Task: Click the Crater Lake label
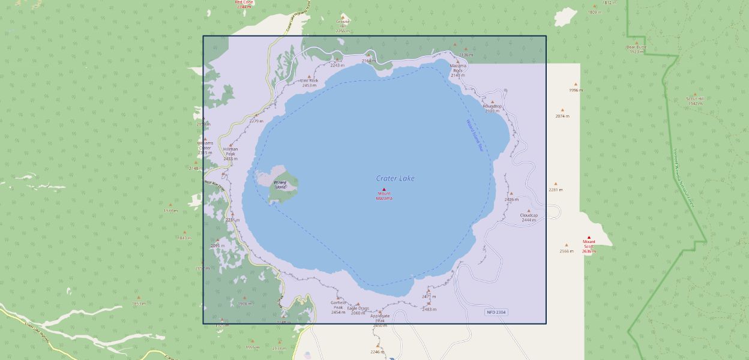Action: tap(395, 178)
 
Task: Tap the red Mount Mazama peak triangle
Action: tap(384, 190)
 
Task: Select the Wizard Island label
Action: tap(280, 185)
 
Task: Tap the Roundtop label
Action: tap(492, 106)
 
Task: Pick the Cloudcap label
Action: tap(529, 215)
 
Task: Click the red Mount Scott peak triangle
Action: tap(589, 238)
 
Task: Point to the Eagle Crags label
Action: tap(358, 308)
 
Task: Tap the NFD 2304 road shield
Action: tap(496, 312)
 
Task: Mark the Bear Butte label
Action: tap(636, 47)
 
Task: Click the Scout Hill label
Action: tap(695, 98)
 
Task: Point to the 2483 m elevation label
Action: tap(429, 310)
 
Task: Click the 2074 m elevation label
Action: tap(562, 116)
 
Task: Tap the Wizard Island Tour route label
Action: tap(475, 135)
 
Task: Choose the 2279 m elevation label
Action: tap(256, 121)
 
